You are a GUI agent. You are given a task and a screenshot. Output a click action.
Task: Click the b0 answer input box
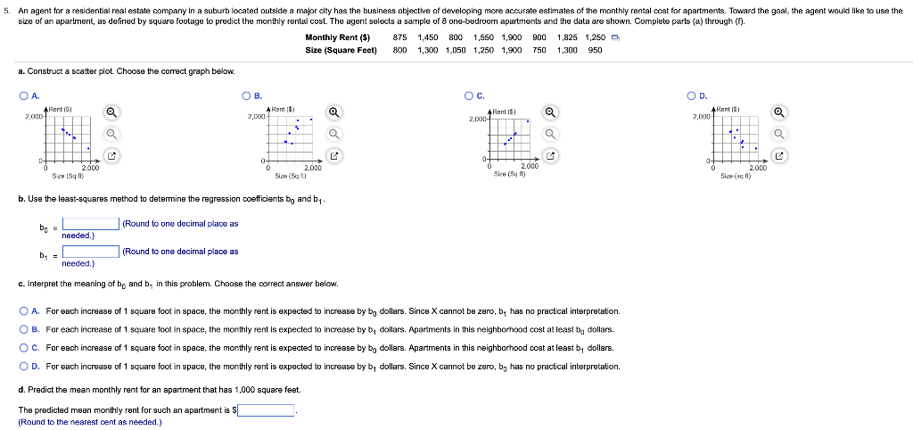click(91, 224)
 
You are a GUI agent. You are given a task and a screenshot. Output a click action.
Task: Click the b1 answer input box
click(91, 252)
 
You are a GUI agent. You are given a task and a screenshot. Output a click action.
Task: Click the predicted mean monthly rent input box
click(266, 410)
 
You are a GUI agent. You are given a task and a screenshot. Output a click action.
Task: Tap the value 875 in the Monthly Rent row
click(400, 37)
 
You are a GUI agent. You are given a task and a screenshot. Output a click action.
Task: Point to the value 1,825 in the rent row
click(567, 37)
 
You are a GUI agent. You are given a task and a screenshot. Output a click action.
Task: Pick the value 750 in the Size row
click(539, 50)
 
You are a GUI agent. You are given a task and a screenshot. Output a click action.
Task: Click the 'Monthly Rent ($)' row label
click(337, 37)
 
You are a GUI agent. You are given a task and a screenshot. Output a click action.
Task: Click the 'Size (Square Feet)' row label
click(341, 50)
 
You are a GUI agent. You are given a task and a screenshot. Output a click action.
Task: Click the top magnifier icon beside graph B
click(333, 112)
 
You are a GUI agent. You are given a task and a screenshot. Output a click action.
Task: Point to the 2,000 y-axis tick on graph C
click(477, 120)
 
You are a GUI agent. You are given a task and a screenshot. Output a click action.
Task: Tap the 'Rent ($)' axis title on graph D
click(728, 108)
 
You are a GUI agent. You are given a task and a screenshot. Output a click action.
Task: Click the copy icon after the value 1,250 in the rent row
click(616, 37)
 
